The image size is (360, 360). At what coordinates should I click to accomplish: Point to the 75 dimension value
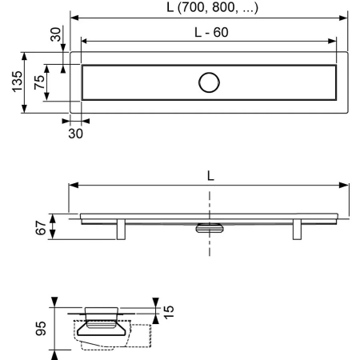coord(38,83)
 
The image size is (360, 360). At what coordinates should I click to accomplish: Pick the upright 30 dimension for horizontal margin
coord(75,134)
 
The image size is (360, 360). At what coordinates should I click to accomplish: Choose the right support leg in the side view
coord(296,229)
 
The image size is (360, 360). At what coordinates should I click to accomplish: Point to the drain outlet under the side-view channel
coord(210,226)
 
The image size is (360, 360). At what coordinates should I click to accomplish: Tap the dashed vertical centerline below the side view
coord(210,244)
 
